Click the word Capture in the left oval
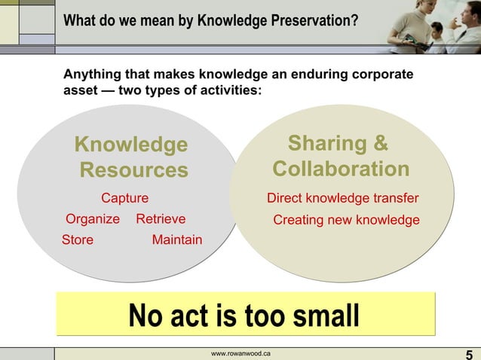coord(125,199)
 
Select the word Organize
coord(93,220)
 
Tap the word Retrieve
coord(161,220)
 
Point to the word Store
coord(78,240)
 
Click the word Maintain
coord(177,240)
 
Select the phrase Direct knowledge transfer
coord(343,199)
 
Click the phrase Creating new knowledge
coord(346,221)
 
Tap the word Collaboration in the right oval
coord(341,169)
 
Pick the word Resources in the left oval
coord(133,170)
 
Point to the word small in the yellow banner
coord(322,316)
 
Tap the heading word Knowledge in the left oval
coord(131,145)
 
